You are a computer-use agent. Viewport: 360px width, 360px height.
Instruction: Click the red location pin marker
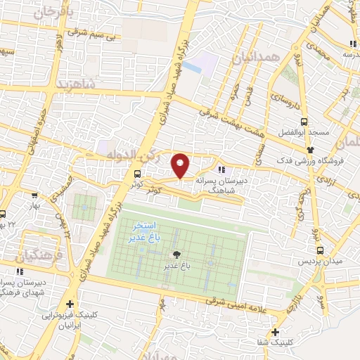pyautogui.click(x=181, y=166)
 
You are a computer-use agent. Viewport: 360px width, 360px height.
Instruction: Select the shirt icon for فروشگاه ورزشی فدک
pyautogui.click(x=310, y=150)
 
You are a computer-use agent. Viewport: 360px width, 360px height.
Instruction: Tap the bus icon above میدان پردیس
pyautogui.click(x=321, y=250)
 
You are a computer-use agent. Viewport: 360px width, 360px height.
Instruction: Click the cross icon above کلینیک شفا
pyautogui.click(x=275, y=333)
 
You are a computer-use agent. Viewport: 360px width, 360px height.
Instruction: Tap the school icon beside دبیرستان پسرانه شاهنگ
pyautogui.click(x=221, y=169)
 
